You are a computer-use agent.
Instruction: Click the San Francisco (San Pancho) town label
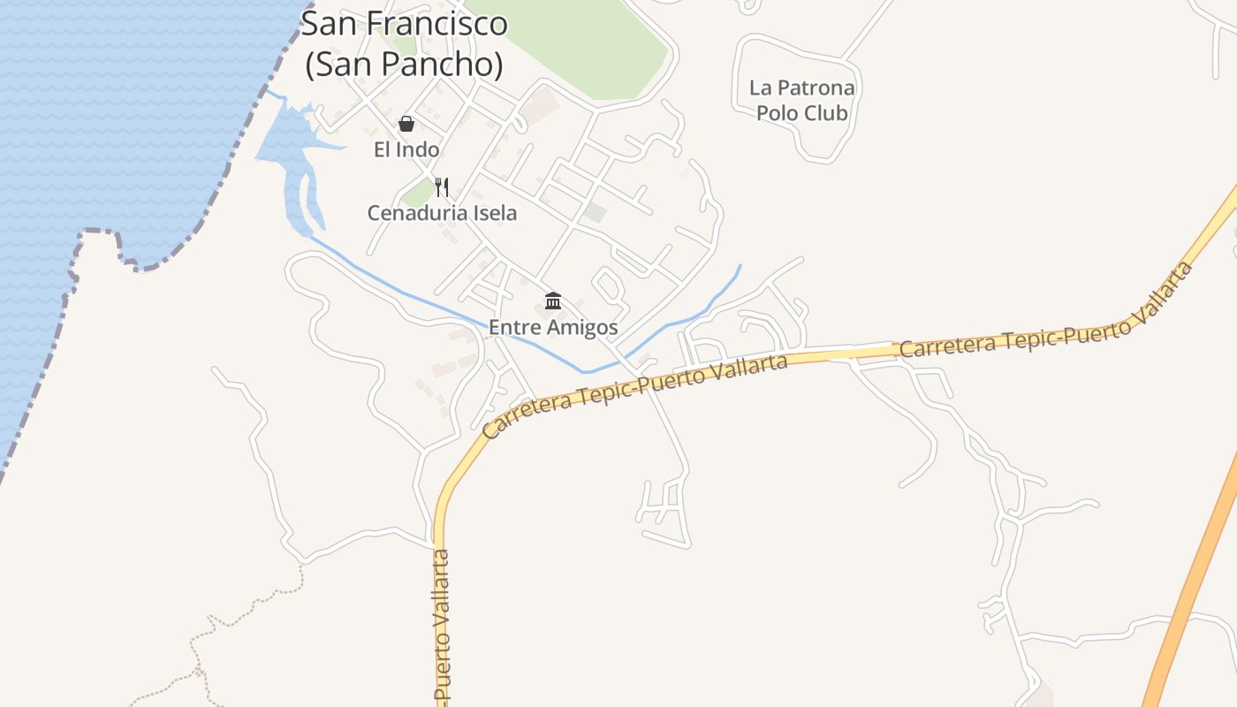(404, 44)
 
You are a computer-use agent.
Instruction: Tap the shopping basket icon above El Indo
(406, 124)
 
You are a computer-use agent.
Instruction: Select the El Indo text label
(406, 149)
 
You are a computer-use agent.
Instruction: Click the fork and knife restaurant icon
(442, 187)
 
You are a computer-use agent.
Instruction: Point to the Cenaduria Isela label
(442, 213)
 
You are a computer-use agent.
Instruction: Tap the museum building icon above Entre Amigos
(553, 301)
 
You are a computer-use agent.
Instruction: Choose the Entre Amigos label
(553, 327)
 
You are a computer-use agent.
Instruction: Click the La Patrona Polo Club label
(801, 100)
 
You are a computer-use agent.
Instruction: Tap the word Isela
(496, 213)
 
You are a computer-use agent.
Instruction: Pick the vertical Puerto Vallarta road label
(443, 627)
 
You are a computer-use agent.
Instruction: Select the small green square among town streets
(596, 212)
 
